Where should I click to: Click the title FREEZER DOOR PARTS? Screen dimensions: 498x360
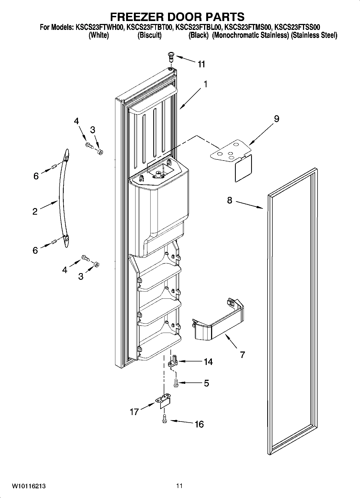pyautogui.click(x=177, y=17)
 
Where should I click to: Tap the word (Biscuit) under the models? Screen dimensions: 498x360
pyautogui.click(x=149, y=35)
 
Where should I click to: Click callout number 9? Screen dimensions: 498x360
pyautogui.click(x=276, y=119)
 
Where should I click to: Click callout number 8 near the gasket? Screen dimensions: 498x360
pyautogui.click(x=229, y=200)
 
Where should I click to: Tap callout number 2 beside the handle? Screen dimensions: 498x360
pyautogui.click(x=35, y=211)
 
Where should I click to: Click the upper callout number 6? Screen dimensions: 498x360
pyautogui.click(x=36, y=176)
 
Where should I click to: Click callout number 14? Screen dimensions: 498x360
pyautogui.click(x=208, y=362)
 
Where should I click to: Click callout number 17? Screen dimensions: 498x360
pyautogui.click(x=134, y=412)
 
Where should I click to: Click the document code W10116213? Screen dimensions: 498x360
pyautogui.click(x=29, y=486)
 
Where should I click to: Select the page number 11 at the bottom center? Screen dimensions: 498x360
pyautogui.click(x=180, y=486)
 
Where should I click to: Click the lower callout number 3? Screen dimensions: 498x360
pyautogui.click(x=81, y=276)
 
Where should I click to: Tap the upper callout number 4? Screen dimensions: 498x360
pyautogui.click(x=76, y=121)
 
